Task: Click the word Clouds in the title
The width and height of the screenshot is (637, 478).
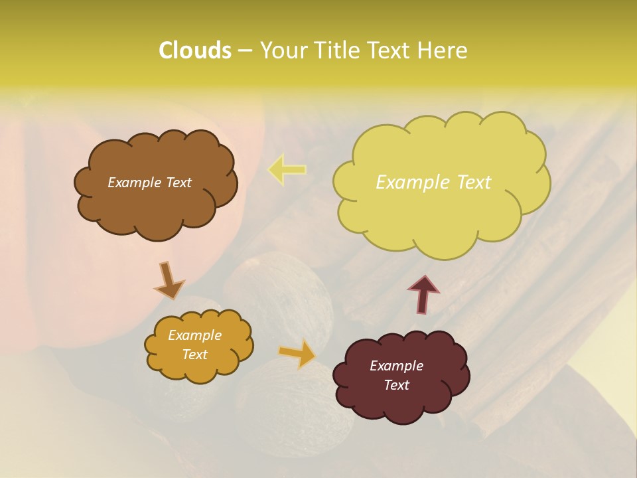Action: pos(194,50)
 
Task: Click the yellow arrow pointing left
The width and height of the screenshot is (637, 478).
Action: pos(287,169)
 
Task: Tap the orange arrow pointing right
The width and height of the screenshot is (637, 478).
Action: pos(297,354)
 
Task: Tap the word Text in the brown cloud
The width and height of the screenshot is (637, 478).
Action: pos(178,183)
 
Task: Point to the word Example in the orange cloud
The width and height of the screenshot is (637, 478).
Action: pos(195,335)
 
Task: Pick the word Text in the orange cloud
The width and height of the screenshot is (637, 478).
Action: pos(195,355)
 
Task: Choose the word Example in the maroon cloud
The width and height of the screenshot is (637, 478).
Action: pos(397,366)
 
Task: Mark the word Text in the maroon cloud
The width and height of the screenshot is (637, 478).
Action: pos(397,385)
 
